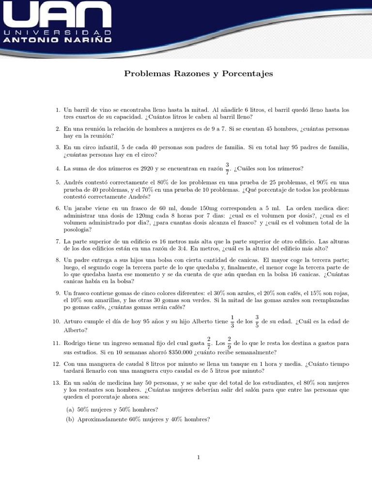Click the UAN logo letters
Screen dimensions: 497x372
pyautogui.click(x=57, y=15)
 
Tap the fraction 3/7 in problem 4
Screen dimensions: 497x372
pyautogui.click(x=227, y=168)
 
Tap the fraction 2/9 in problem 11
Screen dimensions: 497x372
pyautogui.click(x=229, y=344)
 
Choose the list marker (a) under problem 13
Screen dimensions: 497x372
pyautogui.click(x=70, y=410)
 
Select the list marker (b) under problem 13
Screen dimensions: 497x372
pyautogui.click(x=70, y=419)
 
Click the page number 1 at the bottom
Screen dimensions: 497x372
pyautogui.click(x=198, y=457)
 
